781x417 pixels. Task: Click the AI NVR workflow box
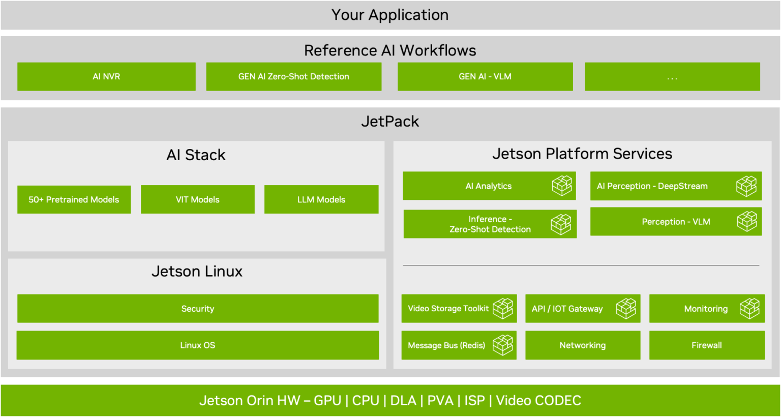click(x=106, y=77)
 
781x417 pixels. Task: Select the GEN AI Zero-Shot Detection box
click(x=293, y=77)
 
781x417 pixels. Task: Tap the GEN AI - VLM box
click(x=485, y=77)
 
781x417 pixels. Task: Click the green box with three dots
click(x=672, y=77)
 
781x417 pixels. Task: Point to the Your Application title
click(x=390, y=15)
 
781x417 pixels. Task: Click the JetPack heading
click(x=390, y=122)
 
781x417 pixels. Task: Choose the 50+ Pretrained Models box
click(x=74, y=199)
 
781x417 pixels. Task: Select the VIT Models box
click(x=197, y=199)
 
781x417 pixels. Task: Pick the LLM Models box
click(x=321, y=199)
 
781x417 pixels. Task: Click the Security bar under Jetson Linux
click(x=198, y=309)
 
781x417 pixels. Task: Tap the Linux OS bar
click(x=198, y=345)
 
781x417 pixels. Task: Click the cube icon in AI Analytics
click(x=562, y=186)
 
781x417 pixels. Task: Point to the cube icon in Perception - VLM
click(x=747, y=222)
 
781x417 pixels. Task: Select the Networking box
click(x=583, y=345)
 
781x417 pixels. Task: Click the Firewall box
click(x=707, y=345)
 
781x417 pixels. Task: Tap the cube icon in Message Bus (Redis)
click(x=503, y=345)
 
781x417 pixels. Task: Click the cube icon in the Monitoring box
click(x=749, y=309)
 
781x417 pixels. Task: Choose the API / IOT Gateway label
click(x=567, y=309)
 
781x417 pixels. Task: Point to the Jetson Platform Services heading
click(x=582, y=154)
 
